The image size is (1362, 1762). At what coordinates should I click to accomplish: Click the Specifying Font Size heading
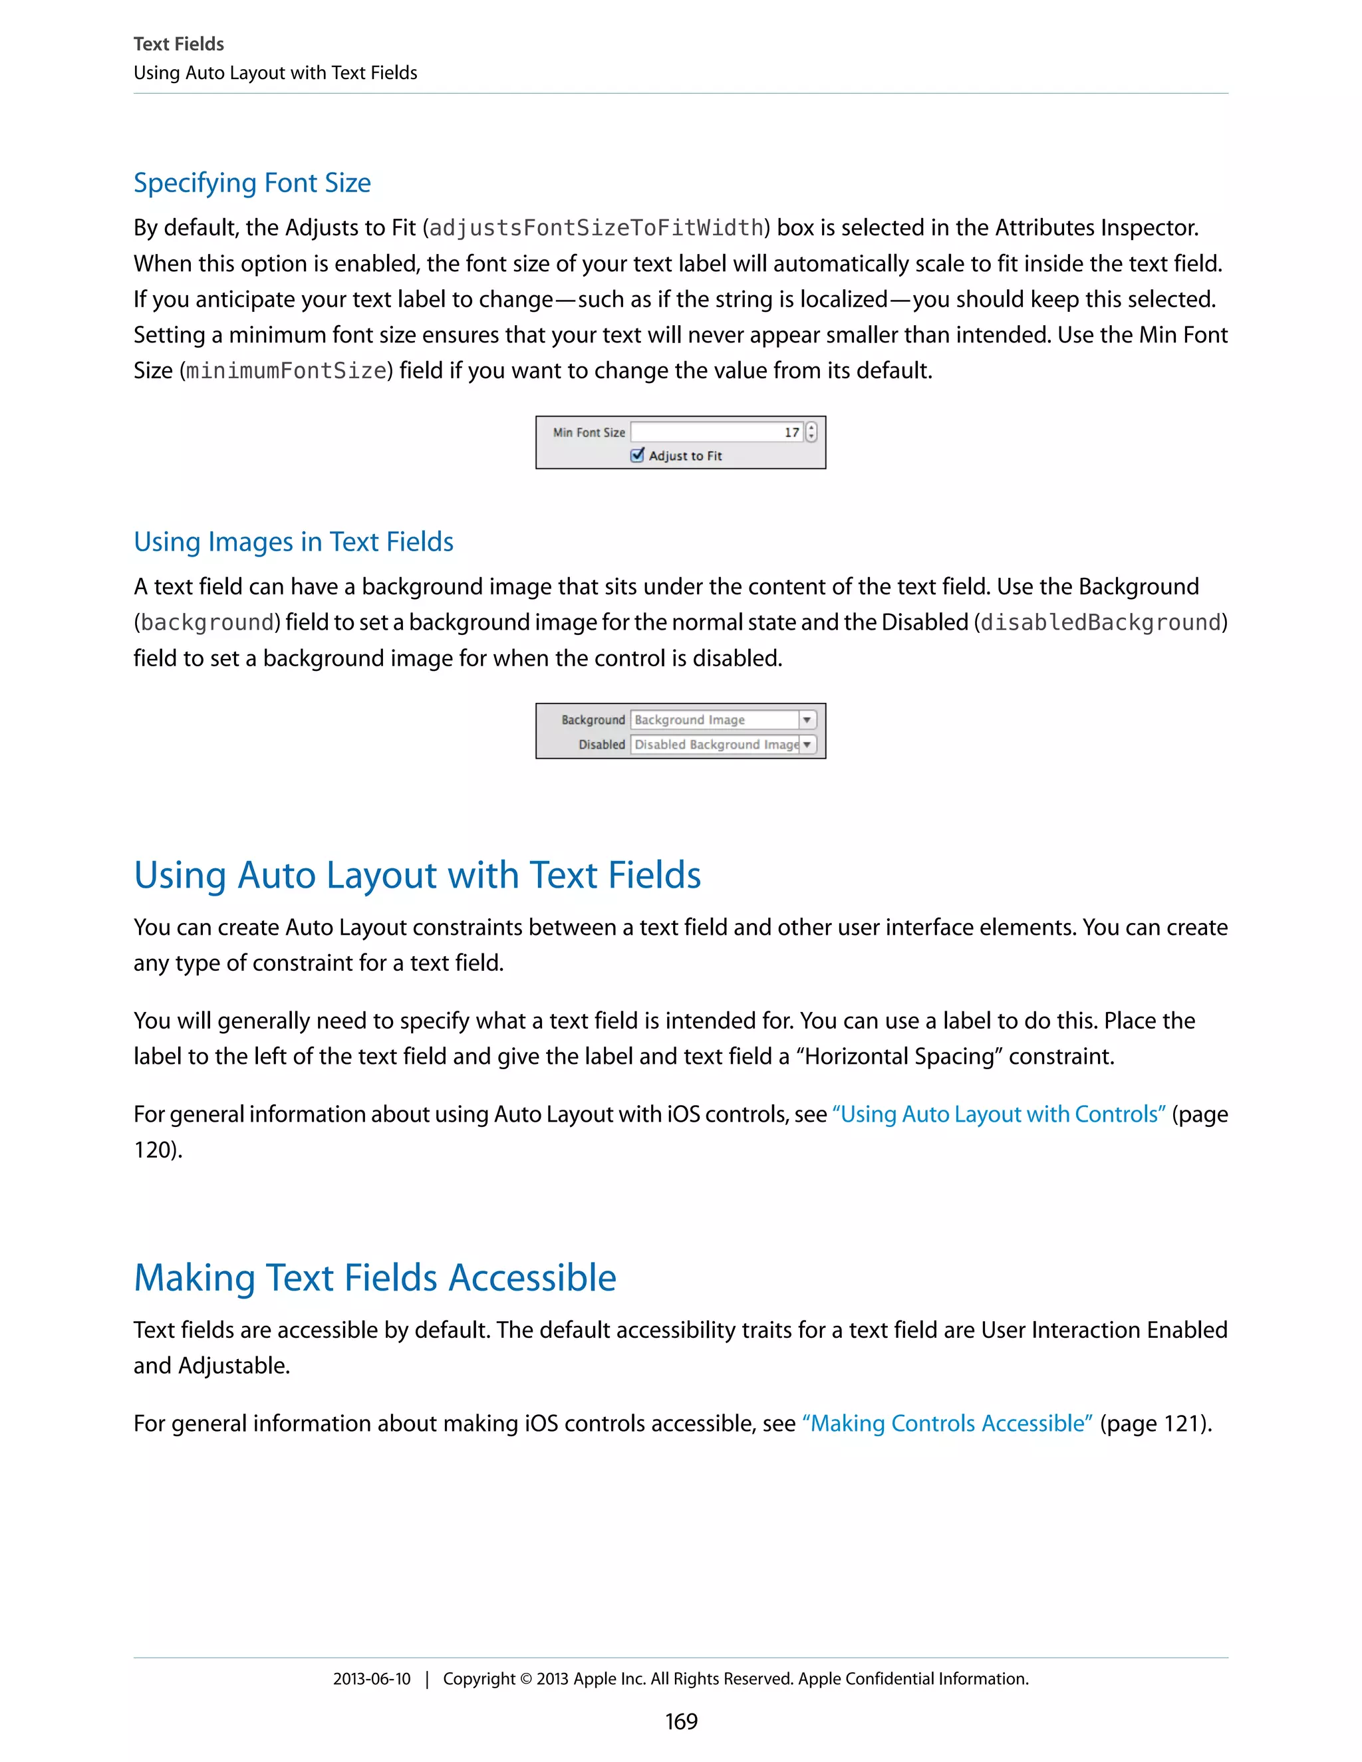click(x=252, y=183)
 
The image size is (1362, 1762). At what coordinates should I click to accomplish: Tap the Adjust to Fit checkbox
click(x=637, y=455)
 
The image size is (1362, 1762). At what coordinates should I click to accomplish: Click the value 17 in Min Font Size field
click(x=791, y=432)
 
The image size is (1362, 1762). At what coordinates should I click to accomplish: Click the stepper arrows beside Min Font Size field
click(x=811, y=432)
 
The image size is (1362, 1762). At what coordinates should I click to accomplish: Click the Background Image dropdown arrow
click(x=807, y=719)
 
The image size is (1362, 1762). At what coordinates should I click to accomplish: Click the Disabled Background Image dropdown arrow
click(x=807, y=745)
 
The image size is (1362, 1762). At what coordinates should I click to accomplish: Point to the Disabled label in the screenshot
click(x=601, y=745)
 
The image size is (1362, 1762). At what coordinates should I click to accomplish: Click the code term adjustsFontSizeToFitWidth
click(x=597, y=228)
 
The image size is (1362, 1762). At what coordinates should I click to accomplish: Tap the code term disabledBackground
click(x=1101, y=623)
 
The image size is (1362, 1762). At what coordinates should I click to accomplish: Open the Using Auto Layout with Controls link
click(x=999, y=1114)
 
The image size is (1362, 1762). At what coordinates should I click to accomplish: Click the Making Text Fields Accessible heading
click(x=374, y=1278)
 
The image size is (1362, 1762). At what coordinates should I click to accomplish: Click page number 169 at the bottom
click(x=681, y=1721)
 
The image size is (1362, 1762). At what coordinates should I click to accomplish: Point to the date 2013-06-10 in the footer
click(x=371, y=1679)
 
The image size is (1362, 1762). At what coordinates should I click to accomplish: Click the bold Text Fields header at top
click(x=178, y=44)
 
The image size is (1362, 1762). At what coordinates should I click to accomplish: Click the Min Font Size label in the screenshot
click(x=589, y=432)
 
